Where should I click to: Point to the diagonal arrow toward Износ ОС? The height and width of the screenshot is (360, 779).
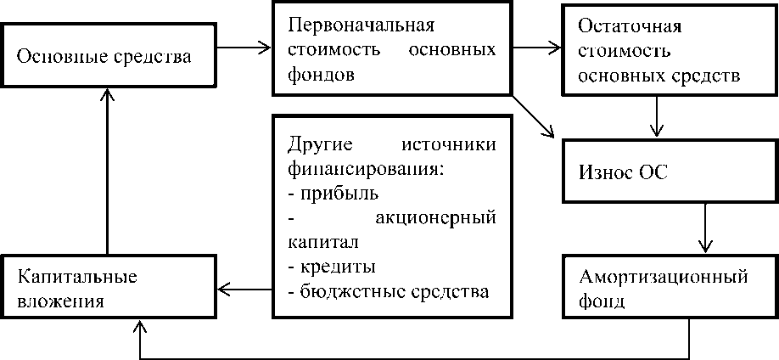pyautogui.click(x=536, y=117)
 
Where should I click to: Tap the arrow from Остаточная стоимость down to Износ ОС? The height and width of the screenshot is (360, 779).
pyautogui.click(x=656, y=117)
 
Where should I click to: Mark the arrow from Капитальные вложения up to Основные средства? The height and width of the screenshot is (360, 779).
pyautogui.click(x=107, y=170)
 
